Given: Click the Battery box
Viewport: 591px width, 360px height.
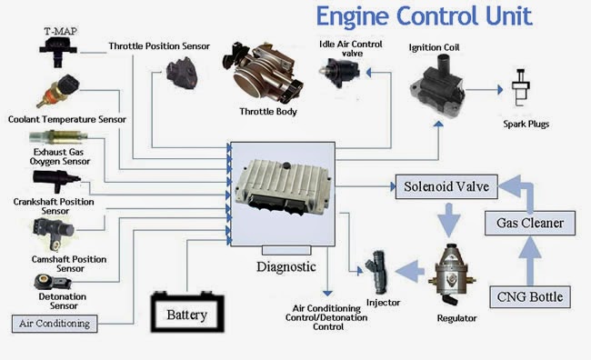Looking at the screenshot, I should [186, 316].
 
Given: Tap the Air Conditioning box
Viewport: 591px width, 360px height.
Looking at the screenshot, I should [55, 323].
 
